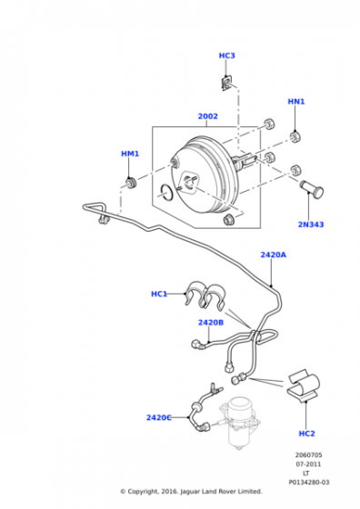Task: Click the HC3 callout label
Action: [226, 55]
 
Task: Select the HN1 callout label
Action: [296, 102]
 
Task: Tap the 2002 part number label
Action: [208, 116]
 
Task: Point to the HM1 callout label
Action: [130, 154]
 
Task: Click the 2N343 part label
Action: [311, 225]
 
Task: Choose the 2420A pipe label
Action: [274, 254]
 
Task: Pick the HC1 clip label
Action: [159, 294]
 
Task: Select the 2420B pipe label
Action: [211, 323]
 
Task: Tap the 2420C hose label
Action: [158, 417]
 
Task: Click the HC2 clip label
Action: [306, 434]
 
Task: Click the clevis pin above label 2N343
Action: [311, 188]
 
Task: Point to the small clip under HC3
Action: [227, 84]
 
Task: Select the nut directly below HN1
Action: [295, 136]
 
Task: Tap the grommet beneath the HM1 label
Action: [131, 183]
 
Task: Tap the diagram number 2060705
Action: [308, 455]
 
